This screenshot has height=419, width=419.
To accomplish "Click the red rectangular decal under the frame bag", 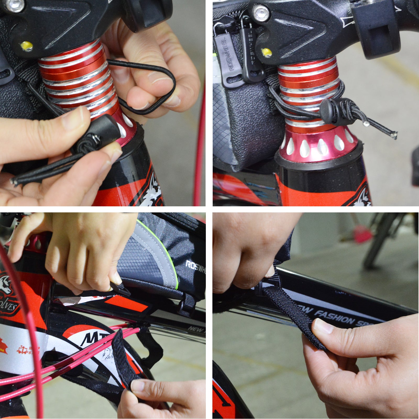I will [126, 305].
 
